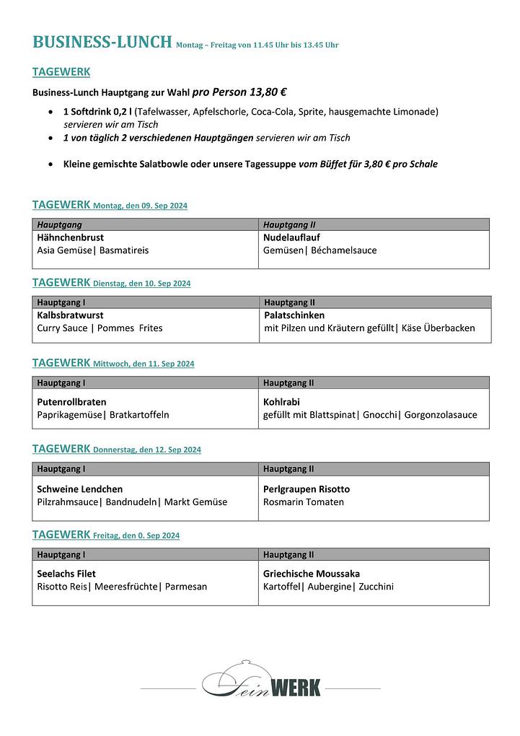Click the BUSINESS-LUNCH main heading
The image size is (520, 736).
click(x=102, y=42)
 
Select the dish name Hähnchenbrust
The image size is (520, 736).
click(x=71, y=237)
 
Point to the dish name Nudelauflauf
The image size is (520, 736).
click(x=291, y=237)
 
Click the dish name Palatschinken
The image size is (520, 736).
click(x=294, y=315)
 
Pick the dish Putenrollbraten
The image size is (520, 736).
click(x=71, y=402)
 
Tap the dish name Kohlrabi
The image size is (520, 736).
click(x=281, y=402)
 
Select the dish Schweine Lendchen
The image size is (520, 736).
click(x=79, y=489)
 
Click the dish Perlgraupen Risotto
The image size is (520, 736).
click(x=307, y=489)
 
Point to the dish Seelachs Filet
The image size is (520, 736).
click(x=66, y=574)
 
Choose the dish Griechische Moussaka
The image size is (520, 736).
click(x=312, y=574)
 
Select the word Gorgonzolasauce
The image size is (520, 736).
click(x=441, y=415)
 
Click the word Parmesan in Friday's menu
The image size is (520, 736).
click(x=186, y=587)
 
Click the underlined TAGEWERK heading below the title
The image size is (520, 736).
click(x=61, y=72)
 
